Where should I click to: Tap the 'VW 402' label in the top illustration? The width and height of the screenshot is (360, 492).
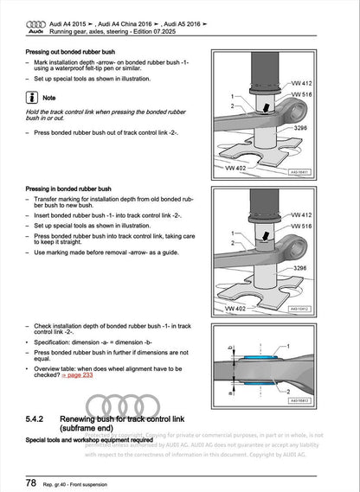[x=235, y=169]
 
